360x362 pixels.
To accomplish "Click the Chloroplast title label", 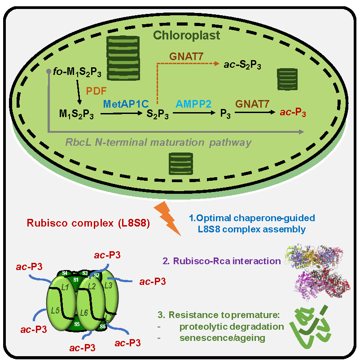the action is (186, 35).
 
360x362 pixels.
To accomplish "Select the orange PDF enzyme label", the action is (96, 91).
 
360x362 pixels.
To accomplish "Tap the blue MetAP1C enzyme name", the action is (126, 104).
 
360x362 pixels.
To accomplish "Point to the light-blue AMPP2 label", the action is (193, 104).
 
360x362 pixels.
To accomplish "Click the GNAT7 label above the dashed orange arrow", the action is (186, 57).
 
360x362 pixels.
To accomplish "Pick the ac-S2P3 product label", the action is (242, 65).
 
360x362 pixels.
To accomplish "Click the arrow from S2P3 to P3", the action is (194, 113).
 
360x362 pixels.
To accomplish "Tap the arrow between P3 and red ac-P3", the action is (255, 113).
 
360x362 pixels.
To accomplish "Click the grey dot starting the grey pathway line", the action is (48, 71).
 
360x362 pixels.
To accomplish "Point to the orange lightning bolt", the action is (167, 218).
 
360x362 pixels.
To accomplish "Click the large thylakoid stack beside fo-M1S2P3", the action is (123, 58).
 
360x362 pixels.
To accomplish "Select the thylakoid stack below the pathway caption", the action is (181, 164).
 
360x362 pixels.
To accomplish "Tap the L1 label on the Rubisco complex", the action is (65, 287).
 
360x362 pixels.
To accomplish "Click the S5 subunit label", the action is (77, 324).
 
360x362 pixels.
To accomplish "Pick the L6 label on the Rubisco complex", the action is (84, 313).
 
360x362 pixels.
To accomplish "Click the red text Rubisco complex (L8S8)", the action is (88, 223).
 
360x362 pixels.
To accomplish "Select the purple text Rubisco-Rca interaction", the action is (222, 261).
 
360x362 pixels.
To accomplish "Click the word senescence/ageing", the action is (222, 338).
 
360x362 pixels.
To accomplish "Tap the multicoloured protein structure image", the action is (318, 272).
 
